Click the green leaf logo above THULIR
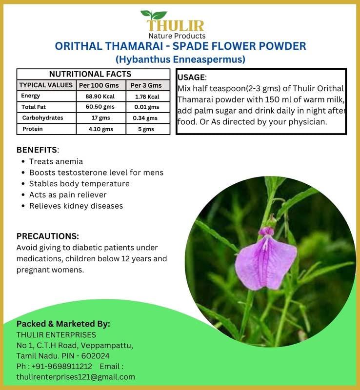pyautogui.click(x=153, y=15)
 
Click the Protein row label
pyautogui.click(x=33, y=129)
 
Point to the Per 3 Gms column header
pyautogui.click(x=146, y=85)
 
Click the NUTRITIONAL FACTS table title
pyautogui.click(x=90, y=74)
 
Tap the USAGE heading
pyautogui.click(x=191, y=78)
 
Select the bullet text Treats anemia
pyautogui.click(x=56, y=161)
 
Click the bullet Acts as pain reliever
pyautogui.click(x=67, y=195)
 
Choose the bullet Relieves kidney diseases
pyautogui.click(x=76, y=206)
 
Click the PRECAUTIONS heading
pyautogui.click(x=48, y=236)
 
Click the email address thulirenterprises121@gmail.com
pyautogui.click(x=76, y=377)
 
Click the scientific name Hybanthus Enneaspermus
pyautogui.click(x=180, y=60)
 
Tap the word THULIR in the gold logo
pyautogui.click(x=176, y=26)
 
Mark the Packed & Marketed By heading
pyautogui.click(x=63, y=324)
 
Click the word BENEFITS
pyautogui.click(x=37, y=149)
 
